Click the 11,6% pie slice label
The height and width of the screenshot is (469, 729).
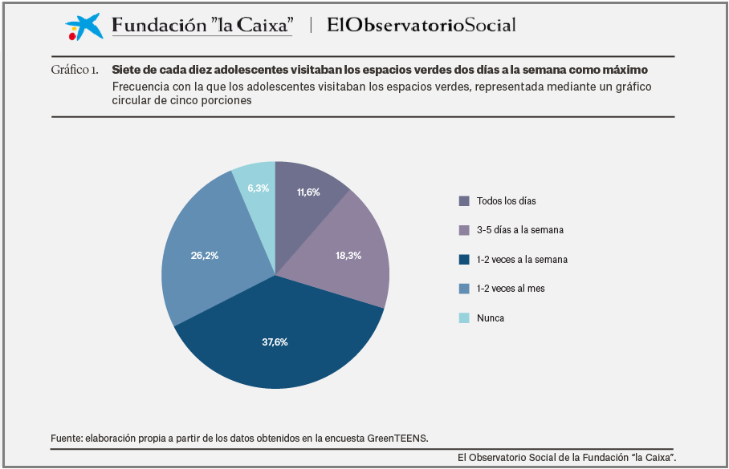point(308,192)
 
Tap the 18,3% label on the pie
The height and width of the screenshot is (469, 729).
point(348,256)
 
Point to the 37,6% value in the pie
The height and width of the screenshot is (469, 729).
point(275,342)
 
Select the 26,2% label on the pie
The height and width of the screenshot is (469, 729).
point(205,256)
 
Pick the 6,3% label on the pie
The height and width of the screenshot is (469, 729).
point(258,188)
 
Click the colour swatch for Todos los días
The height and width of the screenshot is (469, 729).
point(464,200)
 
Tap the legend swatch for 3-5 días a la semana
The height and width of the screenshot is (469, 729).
point(464,230)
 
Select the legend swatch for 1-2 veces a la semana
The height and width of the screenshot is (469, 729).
point(464,260)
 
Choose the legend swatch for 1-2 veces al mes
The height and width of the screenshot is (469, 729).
point(464,289)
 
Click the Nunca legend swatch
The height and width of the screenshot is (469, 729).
point(464,318)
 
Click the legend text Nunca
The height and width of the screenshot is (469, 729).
point(491,318)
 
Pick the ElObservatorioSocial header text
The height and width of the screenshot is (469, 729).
point(422,26)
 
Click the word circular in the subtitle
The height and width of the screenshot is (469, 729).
point(134,101)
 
